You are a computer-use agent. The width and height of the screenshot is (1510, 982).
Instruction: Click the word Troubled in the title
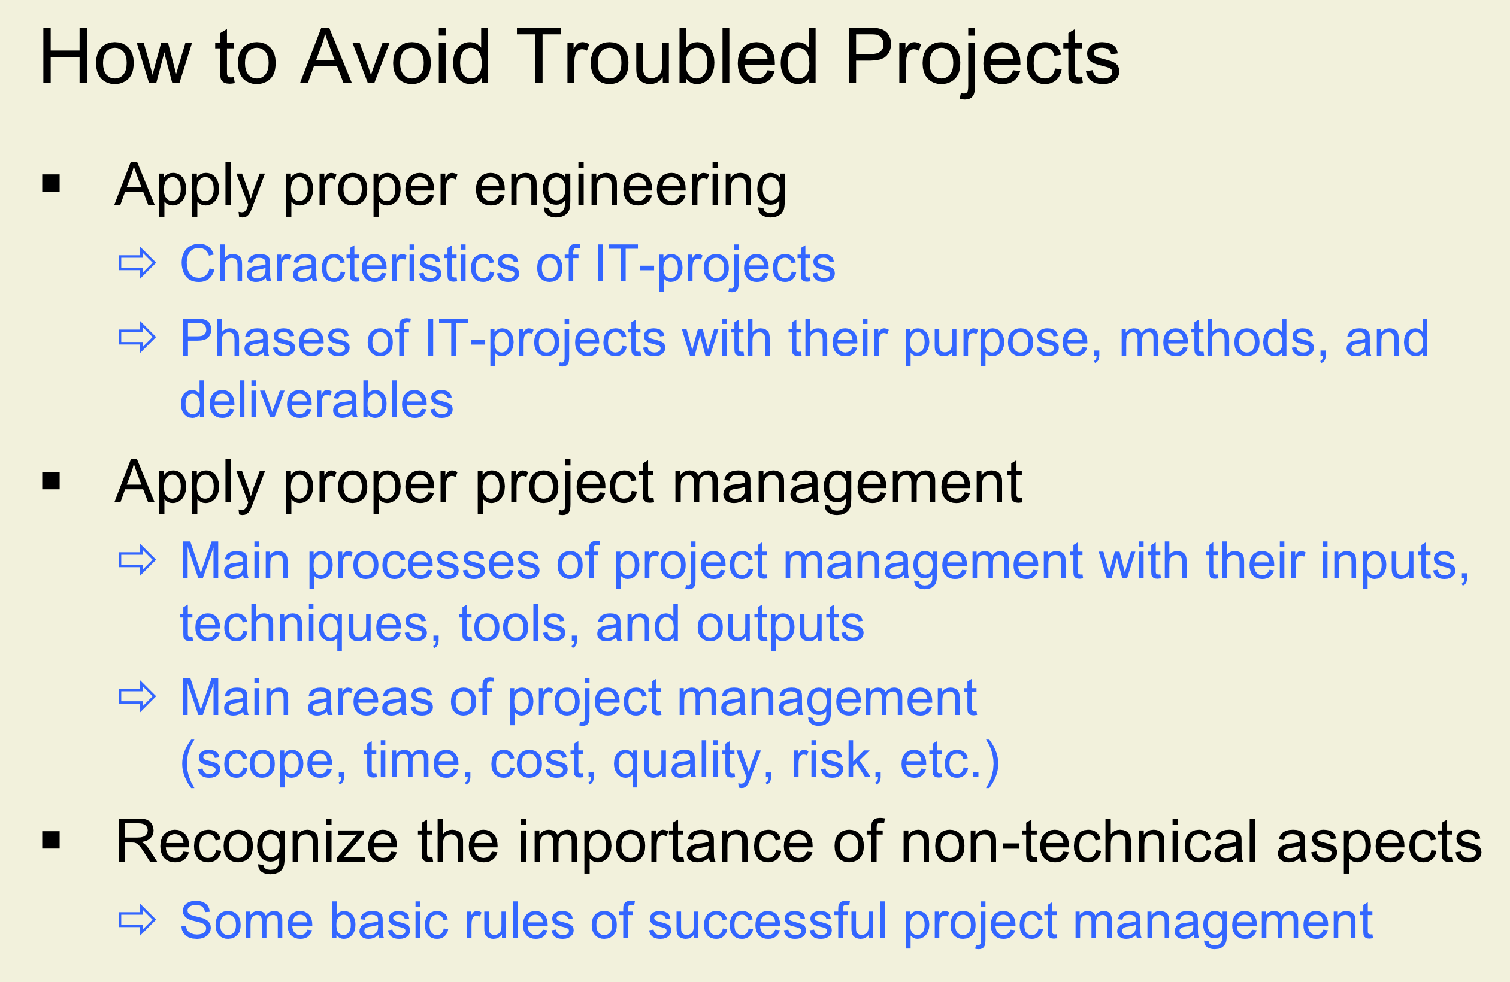pos(667,57)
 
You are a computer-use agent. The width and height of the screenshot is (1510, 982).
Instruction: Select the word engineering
pos(631,187)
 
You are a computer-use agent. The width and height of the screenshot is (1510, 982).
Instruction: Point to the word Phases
pos(266,339)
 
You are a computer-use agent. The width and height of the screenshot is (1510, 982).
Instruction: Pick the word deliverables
pos(317,401)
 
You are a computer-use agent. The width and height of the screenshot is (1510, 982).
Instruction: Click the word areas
pos(371,698)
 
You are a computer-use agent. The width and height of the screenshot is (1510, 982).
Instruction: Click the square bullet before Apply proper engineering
pos(51,184)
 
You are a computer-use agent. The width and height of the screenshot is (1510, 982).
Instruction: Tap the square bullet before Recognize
pos(51,841)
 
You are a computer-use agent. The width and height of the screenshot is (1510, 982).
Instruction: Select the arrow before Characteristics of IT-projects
pos(137,263)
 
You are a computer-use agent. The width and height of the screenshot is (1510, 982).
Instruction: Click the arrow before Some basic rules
pos(137,920)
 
